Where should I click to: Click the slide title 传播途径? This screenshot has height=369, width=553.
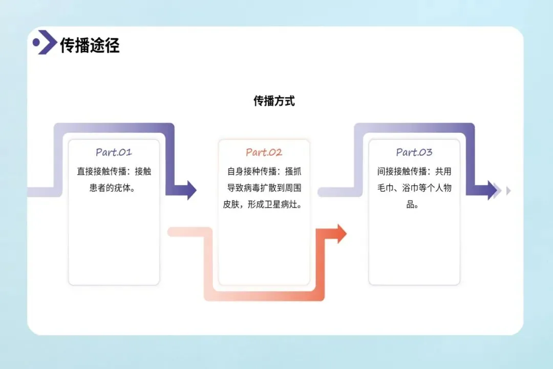tap(90, 45)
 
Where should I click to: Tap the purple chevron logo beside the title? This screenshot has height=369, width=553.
tap(45, 43)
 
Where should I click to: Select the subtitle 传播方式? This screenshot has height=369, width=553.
tap(274, 101)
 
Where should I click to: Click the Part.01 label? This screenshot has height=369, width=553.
tap(114, 152)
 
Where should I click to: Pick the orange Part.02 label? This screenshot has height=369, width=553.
tap(264, 152)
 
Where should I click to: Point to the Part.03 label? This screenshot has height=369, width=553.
tap(414, 152)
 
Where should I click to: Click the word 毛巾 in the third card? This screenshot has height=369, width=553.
tap(386, 188)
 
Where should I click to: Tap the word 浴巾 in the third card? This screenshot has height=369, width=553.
tap(411, 188)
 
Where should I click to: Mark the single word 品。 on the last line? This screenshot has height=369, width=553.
tap(414, 205)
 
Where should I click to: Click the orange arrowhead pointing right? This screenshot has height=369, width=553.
tap(339, 234)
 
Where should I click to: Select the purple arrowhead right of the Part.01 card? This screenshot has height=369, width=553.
tap(190, 190)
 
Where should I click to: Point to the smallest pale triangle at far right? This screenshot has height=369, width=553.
tap(508, 191)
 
